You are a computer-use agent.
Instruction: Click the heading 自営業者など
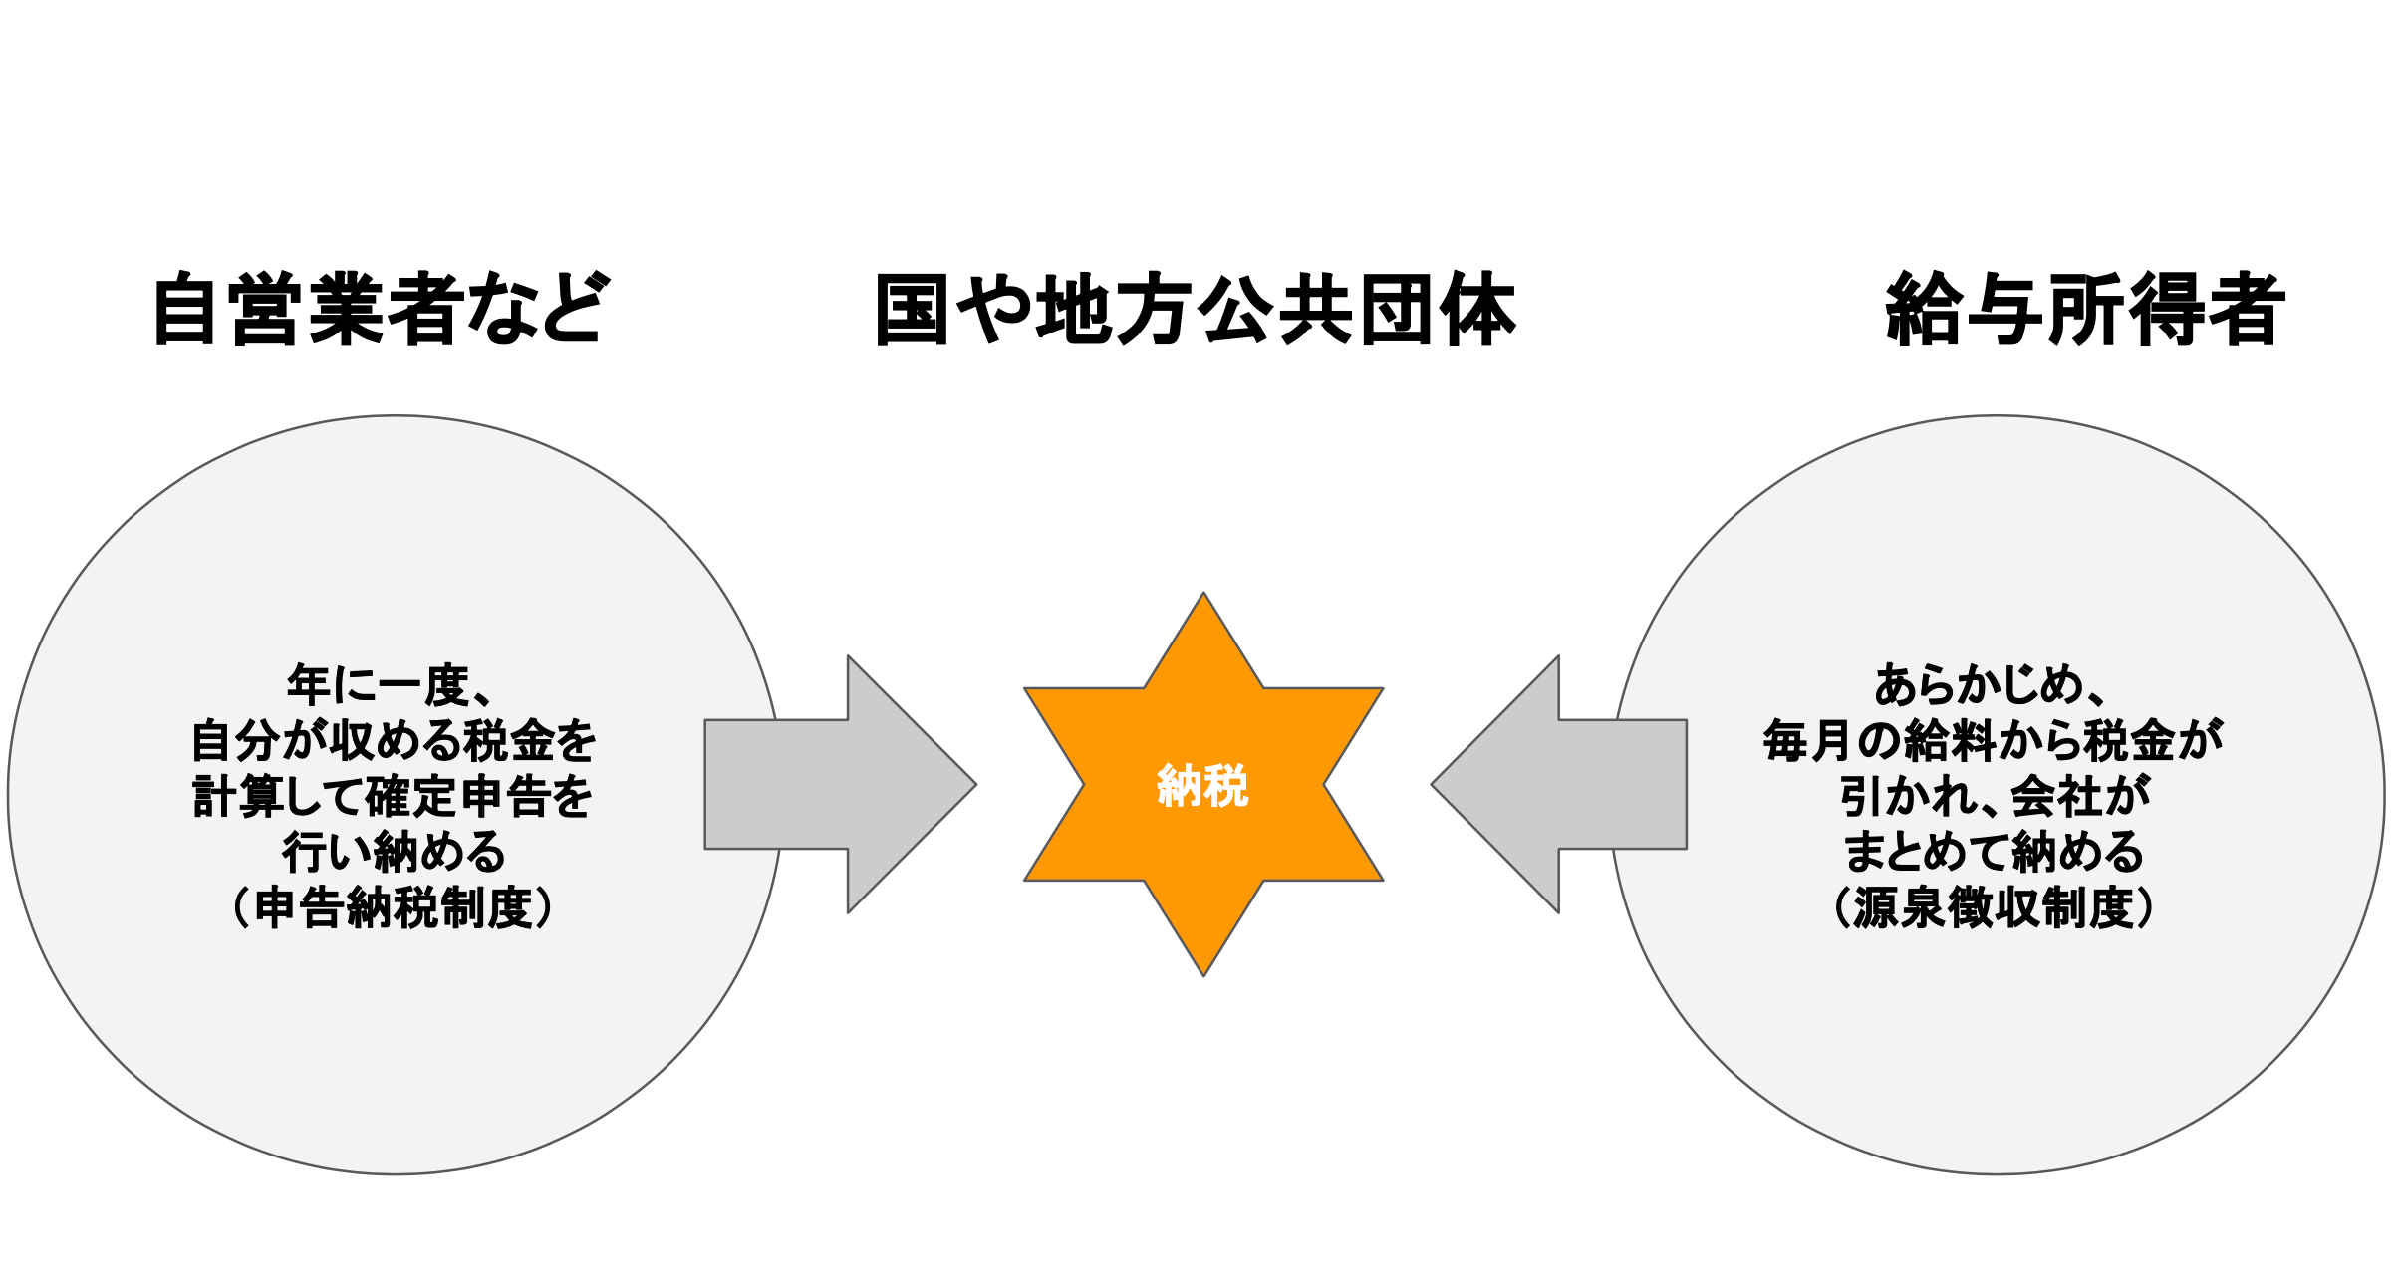point(379,310)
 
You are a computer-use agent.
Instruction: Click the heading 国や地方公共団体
point(1196,310)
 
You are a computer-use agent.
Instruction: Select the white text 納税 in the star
point(1202,786)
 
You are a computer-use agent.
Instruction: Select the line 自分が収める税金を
point(393,741)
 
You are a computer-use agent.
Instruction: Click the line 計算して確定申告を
point(393,797)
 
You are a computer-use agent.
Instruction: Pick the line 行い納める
point(393,853)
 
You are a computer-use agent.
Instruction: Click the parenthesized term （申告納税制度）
point(393,908)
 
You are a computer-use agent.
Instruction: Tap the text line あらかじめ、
point(1993,685)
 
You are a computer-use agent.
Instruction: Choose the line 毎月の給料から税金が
point(1993,741)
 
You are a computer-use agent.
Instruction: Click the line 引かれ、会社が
point(1993,797)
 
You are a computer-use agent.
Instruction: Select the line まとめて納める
point(1993,853)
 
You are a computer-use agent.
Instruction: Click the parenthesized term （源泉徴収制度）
point(1993,908)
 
